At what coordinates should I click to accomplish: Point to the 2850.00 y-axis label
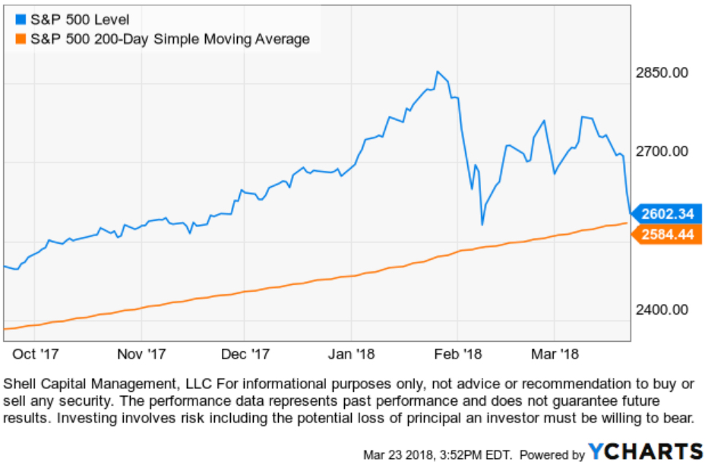(x=661, y=72)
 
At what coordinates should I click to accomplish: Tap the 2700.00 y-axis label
(x=661, y=151)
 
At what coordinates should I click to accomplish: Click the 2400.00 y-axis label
(x=661, y=310)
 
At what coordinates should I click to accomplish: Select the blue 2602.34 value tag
(x=665, y=214)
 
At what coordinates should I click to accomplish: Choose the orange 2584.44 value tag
(x=665, y=235)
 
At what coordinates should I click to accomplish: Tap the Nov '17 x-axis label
(x=141, y=353)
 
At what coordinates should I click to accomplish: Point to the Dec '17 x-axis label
(x=245, y=353)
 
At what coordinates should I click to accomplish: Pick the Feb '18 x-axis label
(x=457, y=353)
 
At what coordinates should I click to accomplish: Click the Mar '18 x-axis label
(x=555, y=353)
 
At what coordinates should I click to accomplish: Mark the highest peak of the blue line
(x=437, y=71)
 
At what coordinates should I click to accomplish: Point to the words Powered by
(x=553, y=454)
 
